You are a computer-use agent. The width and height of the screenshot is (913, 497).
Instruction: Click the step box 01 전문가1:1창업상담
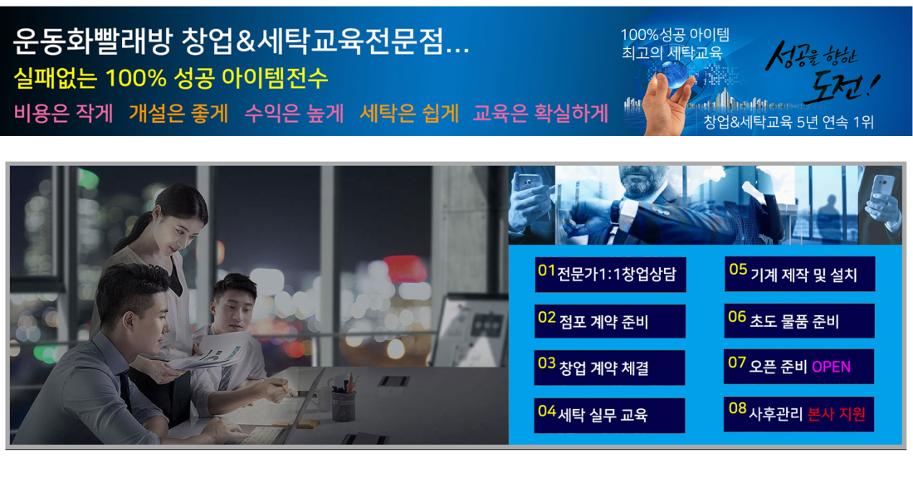[x=610, y=274]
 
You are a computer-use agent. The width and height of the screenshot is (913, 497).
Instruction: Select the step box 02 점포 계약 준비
[x=610, y=320]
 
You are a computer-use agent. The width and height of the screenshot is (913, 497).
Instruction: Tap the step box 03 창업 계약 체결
[x=609, y=368]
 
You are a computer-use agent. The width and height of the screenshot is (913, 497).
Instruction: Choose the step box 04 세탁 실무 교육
[x=609, y=415]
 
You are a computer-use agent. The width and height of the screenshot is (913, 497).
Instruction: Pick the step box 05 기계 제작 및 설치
[x=799, y=274]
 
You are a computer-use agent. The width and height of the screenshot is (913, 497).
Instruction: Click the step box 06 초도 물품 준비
[x=798, y=320]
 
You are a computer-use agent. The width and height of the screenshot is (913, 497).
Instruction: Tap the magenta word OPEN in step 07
[x=831, y=367]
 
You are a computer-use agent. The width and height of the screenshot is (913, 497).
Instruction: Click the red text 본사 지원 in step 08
[x=836, y=414]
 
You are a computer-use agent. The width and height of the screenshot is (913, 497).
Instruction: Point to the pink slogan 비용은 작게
[x=63, y=113]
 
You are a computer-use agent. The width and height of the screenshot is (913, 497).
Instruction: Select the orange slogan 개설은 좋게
[x=178, y=113]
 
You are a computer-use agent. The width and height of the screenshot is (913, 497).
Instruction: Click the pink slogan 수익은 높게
[x=294, y=113]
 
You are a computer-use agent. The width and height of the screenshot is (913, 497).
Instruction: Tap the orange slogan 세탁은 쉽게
[x=409, y=113]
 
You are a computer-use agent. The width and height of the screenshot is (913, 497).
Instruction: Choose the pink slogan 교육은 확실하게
[x=541, y=113]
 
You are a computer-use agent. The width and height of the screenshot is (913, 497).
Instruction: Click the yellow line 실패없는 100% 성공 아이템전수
[x=171, y=78]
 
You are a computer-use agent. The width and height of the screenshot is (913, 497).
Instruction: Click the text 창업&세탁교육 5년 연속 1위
[x=789, y=122]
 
